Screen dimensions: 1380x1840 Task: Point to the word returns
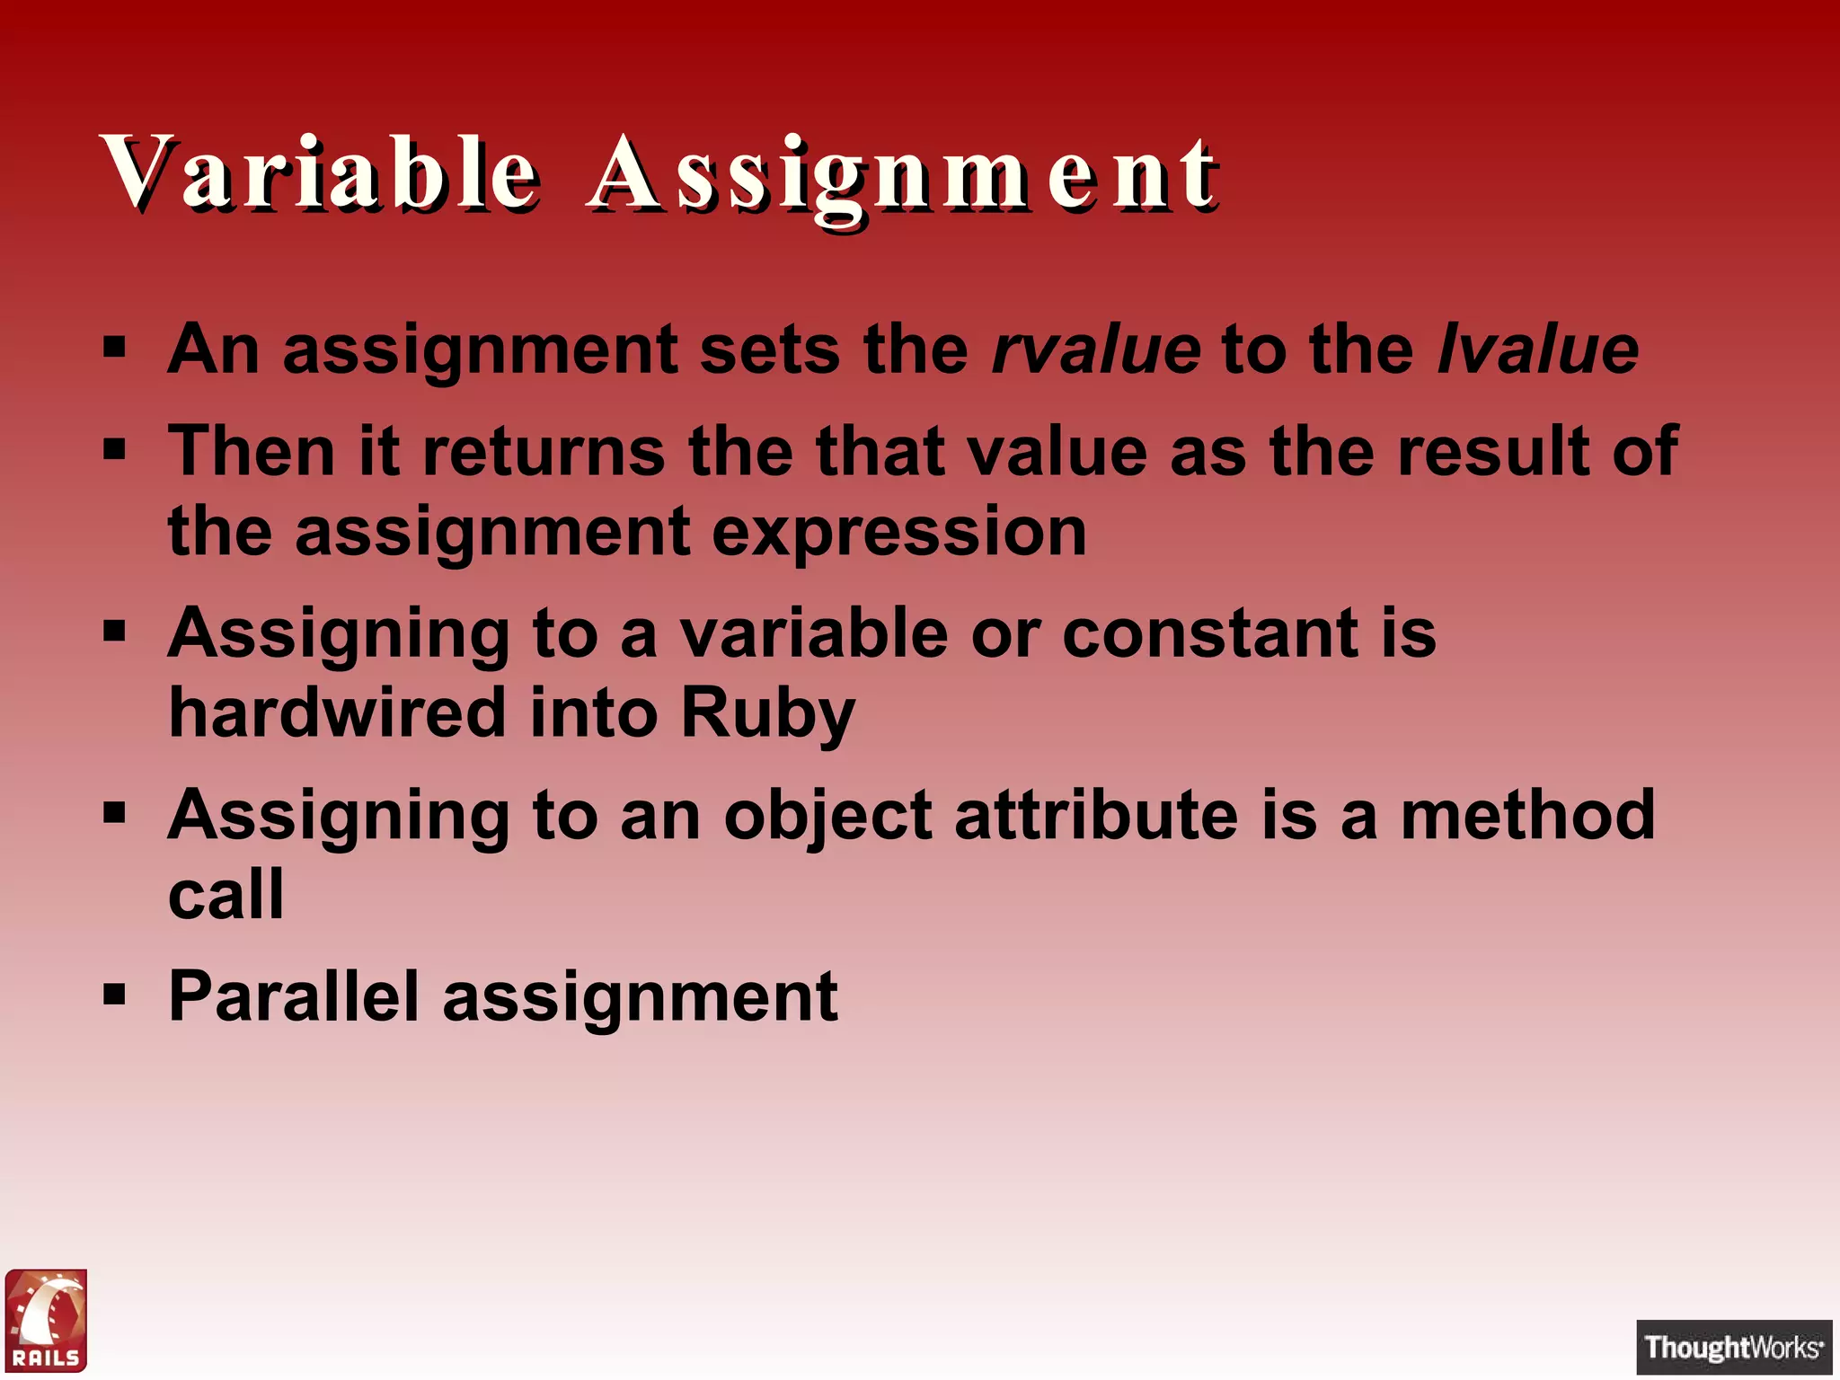(544, 451)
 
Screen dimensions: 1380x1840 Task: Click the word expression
(899, 532)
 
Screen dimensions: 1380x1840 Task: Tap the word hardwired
(338, 713)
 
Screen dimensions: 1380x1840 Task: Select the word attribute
(1096, 815)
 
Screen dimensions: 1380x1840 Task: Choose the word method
(1527, 815)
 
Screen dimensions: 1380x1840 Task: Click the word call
(226, 895)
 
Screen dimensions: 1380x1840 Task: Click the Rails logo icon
(47, 1320)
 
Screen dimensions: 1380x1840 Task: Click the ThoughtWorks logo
(1733, 1347)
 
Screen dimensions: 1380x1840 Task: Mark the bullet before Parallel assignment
(114, 995)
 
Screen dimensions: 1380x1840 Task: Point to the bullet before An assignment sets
(114, 348)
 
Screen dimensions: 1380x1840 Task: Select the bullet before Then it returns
(114, 449)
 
